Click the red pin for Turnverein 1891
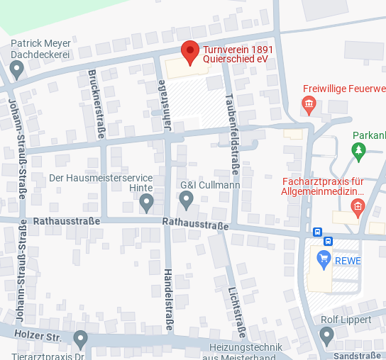pyautogui.click(x=189, y=52)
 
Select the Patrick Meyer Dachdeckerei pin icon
pyautogui.click(x=17, y=69)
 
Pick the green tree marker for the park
pyautogui.click(x=358, y=150)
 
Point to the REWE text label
pyautogui.click(x=348, y=261)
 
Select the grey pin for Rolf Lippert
pyautogui.click(x=326, y=335)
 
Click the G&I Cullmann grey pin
pyautogui.click(x=187, y=201)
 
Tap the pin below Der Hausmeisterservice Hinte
pyautogui.click(x=147, y=203)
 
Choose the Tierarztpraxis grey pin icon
pyautogui.click(x=80, y=339)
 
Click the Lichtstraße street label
pyautogui.click(x=236, y=312)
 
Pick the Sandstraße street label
pyautogui.click(x=357, y=355)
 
